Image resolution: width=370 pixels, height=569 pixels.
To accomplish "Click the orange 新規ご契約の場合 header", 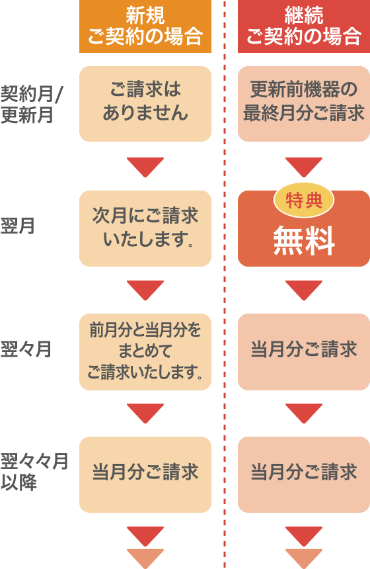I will (145, 26).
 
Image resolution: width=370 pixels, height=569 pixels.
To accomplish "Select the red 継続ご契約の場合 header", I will (303, 26).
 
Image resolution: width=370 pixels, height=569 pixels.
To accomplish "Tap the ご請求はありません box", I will (145, 104).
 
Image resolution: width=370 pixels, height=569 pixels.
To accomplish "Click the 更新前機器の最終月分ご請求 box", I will (303, 104).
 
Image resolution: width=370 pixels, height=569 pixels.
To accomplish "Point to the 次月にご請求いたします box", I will (145, 228).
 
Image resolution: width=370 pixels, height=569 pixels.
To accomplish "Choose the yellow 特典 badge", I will (304, 200).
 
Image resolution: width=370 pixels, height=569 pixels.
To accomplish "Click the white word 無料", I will (304, 242).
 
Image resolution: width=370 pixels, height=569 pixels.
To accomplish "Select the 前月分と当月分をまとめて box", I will (145, 351).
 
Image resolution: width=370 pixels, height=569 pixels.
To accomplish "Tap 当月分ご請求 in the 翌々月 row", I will (303, 351).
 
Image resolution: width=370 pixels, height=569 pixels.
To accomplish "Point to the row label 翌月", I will (18, 227).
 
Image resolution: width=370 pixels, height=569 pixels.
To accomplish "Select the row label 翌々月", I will (26, 349).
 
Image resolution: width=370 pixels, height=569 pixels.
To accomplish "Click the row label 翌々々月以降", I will (33, 472).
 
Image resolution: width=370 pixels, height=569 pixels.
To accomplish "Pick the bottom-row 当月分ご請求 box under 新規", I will (145, 474).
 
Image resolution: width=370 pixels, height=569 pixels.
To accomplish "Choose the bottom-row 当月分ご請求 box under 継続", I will (303, 474).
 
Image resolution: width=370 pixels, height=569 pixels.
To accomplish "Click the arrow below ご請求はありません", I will (145, 166).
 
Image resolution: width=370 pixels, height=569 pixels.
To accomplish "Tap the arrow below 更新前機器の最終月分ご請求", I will (303, 166).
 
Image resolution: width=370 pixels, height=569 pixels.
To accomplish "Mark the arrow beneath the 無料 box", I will (303, 289).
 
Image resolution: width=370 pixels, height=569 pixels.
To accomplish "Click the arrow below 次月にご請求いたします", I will (145, 289).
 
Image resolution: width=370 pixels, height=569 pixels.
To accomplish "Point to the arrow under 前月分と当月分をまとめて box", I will (145, 412).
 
